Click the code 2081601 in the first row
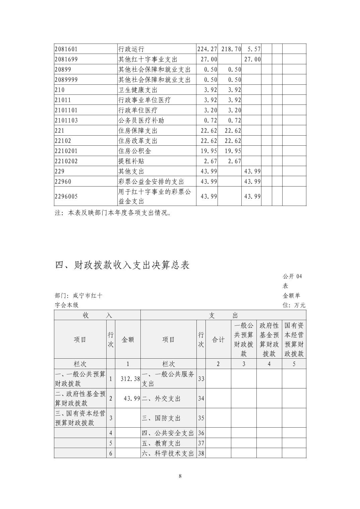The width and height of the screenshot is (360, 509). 66,49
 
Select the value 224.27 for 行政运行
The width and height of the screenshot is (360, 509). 207,49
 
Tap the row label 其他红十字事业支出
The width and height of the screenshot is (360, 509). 148,59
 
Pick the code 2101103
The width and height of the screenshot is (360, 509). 66,120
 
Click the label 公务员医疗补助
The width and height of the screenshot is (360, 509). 141,120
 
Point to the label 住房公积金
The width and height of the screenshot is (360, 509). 135,151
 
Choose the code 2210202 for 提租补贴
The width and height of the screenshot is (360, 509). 66,161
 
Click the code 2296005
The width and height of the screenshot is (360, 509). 66,196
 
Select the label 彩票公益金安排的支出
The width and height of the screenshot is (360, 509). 151,181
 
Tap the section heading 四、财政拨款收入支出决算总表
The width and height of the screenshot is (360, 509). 122,265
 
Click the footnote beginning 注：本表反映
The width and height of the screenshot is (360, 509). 113,213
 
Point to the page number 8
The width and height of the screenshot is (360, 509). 180,476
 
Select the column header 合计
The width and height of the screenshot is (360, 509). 218,340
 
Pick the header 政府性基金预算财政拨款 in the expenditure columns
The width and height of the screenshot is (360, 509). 269,340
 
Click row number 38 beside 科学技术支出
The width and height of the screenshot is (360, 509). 201,453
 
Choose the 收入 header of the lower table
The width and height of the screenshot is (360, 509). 97,315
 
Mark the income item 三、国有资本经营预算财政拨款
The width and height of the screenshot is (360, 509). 80,418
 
